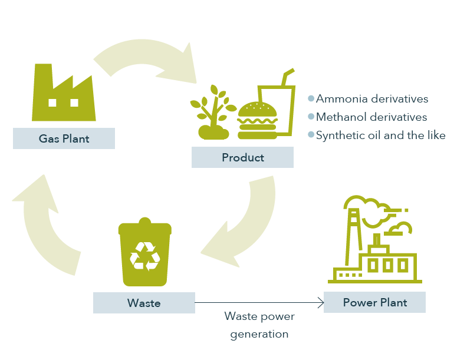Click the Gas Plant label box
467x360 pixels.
tap(64, 138)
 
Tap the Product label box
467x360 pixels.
tap(242, 157)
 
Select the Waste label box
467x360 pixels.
tap(144, 303)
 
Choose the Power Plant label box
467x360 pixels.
tap(374, 302)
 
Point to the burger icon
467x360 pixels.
tap(257, 121)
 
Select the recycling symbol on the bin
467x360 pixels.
tap(145, 256)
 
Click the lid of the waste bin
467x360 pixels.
tap(145, 227)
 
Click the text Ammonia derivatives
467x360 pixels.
tap(372, 99)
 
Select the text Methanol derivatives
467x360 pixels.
tap(371, 117)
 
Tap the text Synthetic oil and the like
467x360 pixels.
tap(381, 136)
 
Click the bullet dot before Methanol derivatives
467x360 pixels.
tap(311, 117)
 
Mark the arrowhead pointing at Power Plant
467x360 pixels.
tap(321, 303)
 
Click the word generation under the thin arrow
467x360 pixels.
tap(259, 334)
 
